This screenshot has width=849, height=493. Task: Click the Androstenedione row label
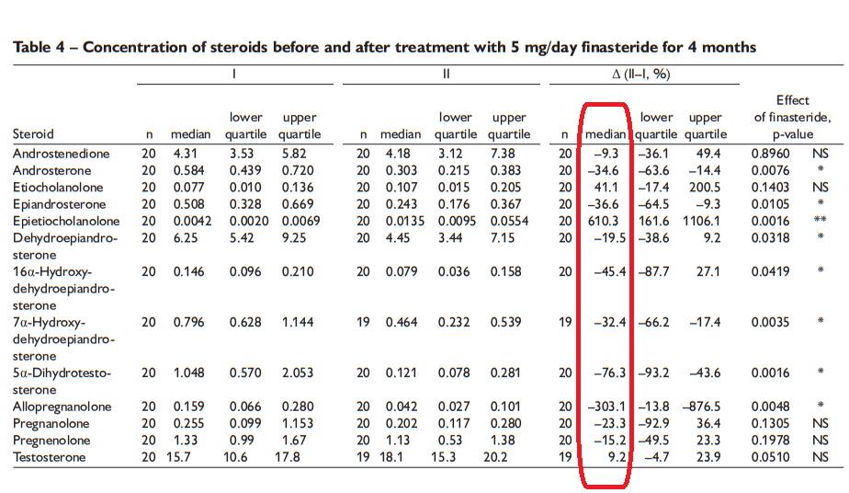coord(61,154)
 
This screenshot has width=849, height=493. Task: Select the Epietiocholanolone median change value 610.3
coord(607,222)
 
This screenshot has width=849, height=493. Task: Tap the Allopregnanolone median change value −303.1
coord(607,407)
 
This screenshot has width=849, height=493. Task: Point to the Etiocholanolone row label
coord(58,188)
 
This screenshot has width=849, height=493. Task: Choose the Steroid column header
coord(33,134)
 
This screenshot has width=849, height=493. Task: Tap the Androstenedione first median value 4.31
coord(187,154)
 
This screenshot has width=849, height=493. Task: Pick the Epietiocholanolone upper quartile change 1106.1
coord(703,222)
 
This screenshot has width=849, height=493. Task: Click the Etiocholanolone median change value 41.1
coord(611,188)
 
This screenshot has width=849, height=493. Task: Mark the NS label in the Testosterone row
coord(820,458)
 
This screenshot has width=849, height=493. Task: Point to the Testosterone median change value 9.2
coord(616,458)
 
